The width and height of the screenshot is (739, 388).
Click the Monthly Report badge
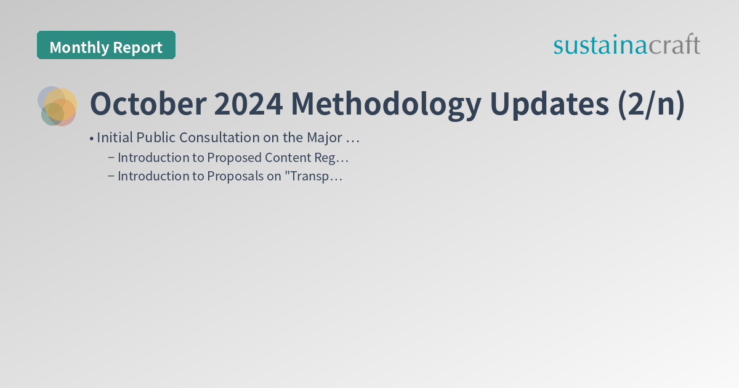click(106, 46)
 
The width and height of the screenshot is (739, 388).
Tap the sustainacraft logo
click(626, 45)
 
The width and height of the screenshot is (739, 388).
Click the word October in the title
click(148, 104)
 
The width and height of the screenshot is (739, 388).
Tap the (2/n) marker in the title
click(651, 104)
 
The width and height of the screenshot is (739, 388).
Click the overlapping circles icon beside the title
click(57, 106)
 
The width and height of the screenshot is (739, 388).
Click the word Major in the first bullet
click(325, 138)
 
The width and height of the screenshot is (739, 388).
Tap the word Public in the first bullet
click(156, 138)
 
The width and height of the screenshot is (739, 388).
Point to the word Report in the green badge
click(139, 47)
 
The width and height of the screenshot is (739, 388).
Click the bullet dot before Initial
click(91, 139)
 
